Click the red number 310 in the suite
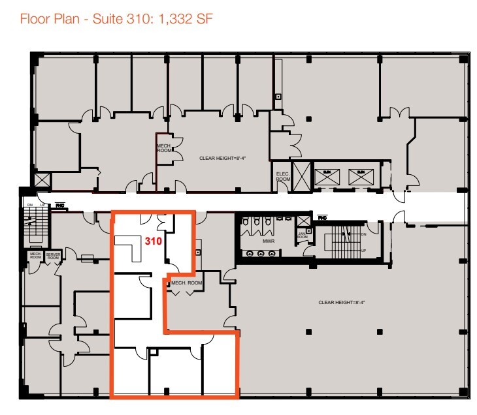[153, 240]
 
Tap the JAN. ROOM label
[303, 236]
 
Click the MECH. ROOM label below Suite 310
[187, 283]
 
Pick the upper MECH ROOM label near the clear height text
[163, 147]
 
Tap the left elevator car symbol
[325, 174]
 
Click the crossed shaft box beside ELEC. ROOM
[303, 176]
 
